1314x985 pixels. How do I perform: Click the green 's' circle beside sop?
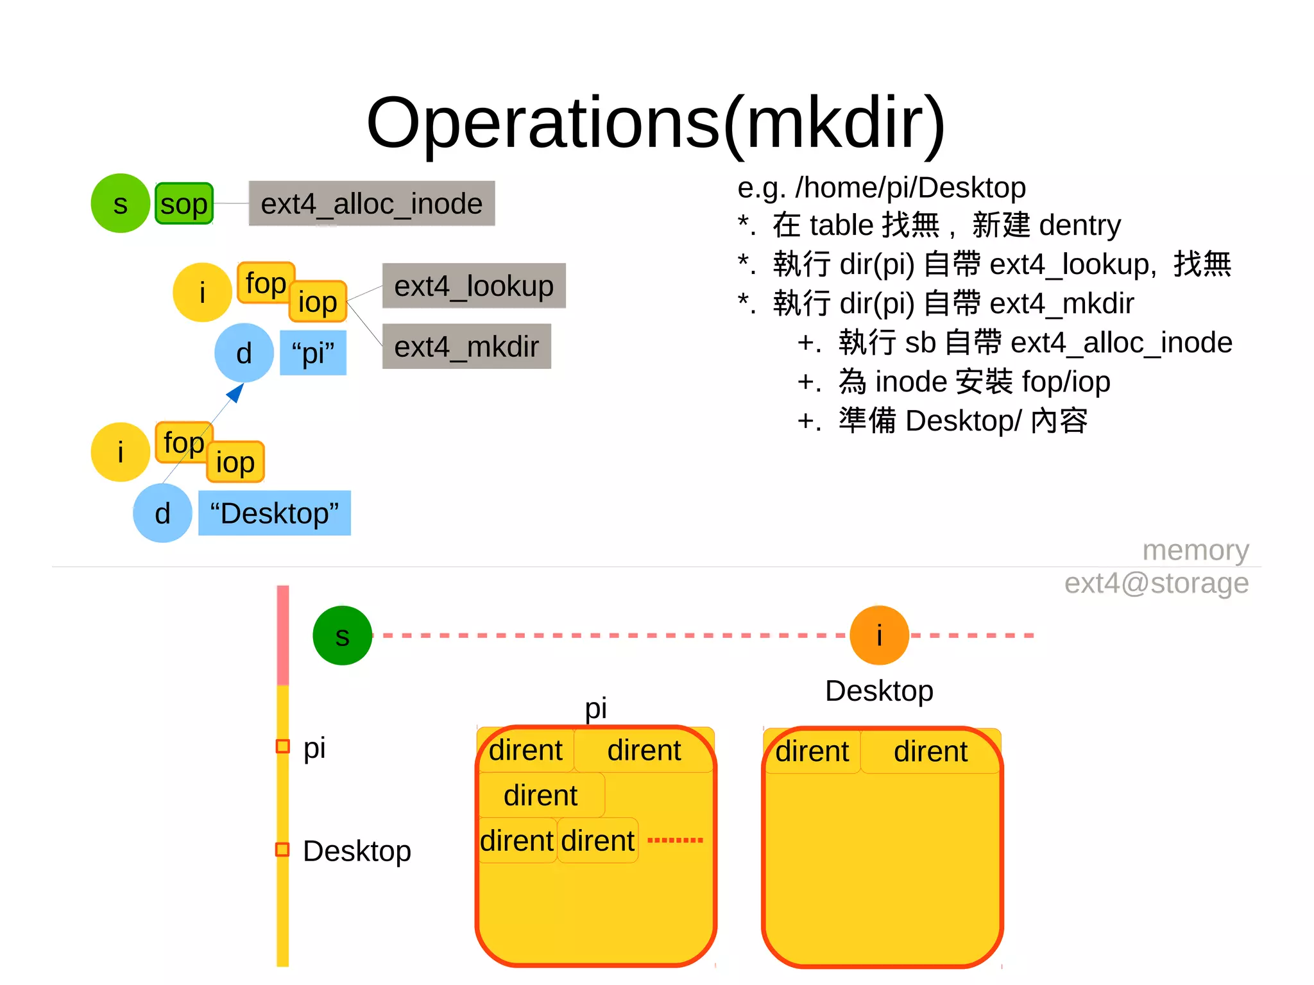(x=120, y=203)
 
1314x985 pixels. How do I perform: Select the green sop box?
(x=183, y=204)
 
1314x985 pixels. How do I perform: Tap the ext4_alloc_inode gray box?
(x=371, y=203)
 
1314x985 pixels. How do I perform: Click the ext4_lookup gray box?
(x=474, y=286)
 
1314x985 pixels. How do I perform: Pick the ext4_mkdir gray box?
(x=466, y=347)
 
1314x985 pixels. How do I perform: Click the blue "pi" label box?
(x=313, y=353)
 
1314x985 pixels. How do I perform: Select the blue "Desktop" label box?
(x=274, y=513)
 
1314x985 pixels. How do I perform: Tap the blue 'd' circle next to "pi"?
(x=244, y=353)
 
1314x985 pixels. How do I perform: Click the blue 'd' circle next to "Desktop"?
(x=162, y=513)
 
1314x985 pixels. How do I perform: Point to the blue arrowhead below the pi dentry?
(x=236, y=392)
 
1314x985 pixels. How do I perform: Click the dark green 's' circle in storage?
(x=342, y=635)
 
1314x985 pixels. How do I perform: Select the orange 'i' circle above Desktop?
(x=879, y=635)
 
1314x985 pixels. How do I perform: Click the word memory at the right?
(x=1195, y=550)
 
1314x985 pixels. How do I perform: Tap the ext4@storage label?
(x=1156, y=583)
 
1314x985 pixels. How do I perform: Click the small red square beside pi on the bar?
(x=282, y=746)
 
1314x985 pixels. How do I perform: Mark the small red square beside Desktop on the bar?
(x=282, y=850)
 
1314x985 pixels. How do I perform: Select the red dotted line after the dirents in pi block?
(x=675, y=840)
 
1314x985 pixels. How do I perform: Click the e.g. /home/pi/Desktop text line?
(x=881, y=187)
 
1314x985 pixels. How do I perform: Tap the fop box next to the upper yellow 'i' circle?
(x=266, y=282)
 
